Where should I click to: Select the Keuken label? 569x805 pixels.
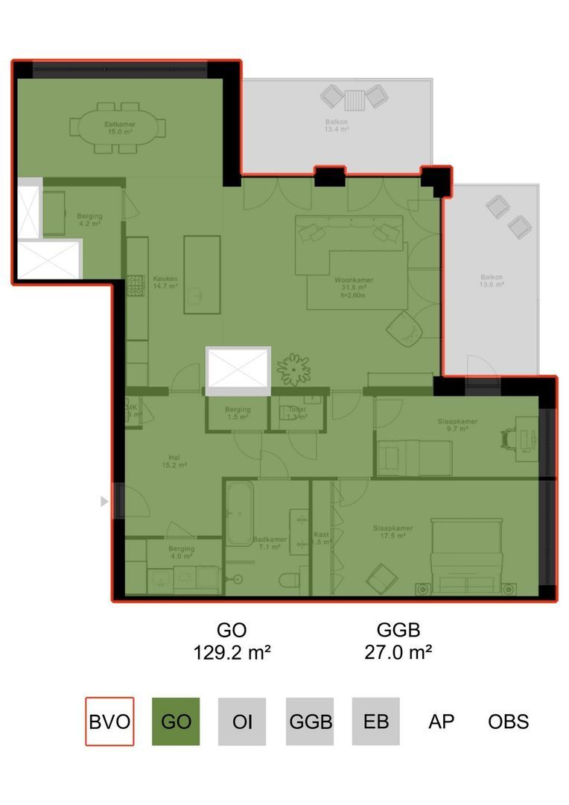(x=165, y=281)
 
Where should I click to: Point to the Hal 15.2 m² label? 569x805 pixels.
(x=174, y=461)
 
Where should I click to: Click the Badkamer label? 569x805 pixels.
(x=266, y=543)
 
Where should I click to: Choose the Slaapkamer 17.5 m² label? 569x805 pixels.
(x=392, y=532)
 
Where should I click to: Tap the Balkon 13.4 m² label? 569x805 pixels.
(x=337, y=125)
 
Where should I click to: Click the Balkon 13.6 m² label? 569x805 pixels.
(x=492, y=281)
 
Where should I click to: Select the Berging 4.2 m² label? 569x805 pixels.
(x=89, y=220)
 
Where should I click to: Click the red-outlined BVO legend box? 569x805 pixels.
(x=109, y=722)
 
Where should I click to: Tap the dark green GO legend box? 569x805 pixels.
(x=176, y=722)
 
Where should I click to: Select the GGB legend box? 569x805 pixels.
(x=309, y=722)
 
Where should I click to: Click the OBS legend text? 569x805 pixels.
(x=509, y=722)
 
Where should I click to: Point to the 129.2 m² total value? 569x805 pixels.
(x=232, y=654)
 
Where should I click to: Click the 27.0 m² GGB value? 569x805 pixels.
(x=398, y=654)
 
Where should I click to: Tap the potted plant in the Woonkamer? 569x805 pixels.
(x=293, y=368)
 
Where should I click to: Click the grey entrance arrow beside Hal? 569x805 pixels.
(x=104, y=502)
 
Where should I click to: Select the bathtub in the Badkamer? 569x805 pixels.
(x=240, y=514)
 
